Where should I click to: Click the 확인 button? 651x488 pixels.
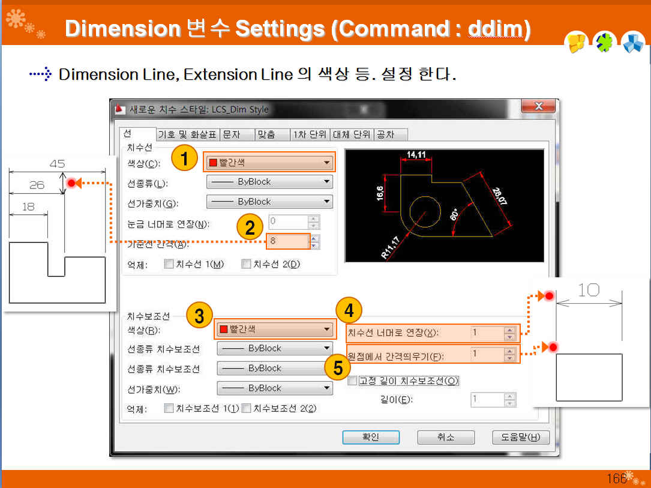tap(371, 437)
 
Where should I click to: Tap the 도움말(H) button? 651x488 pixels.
tap(521, 437)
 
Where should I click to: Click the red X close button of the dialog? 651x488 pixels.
tap(538, 106)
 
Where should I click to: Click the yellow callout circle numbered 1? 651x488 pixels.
tap(184, 158)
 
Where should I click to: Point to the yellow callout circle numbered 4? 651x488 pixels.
tap(349, 310)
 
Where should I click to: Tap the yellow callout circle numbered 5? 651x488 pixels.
tap(338, 367)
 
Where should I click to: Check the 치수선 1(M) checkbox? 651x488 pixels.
tap(169, 264)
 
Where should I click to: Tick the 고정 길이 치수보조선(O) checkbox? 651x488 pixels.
tap(352, 381)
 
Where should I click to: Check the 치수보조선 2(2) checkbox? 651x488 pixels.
tap(246, 408)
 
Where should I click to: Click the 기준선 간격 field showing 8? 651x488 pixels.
tap(288, 241)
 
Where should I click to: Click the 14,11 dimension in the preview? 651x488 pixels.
tap(416, 155)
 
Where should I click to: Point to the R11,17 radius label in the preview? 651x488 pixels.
tap(390, 247)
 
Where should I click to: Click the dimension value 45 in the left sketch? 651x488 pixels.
tap(57, 164)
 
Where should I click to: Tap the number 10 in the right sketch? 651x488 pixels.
tap(589, 290)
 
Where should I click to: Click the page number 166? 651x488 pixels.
tap(617, 478)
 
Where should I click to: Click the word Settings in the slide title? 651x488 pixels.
tap(280, 29)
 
